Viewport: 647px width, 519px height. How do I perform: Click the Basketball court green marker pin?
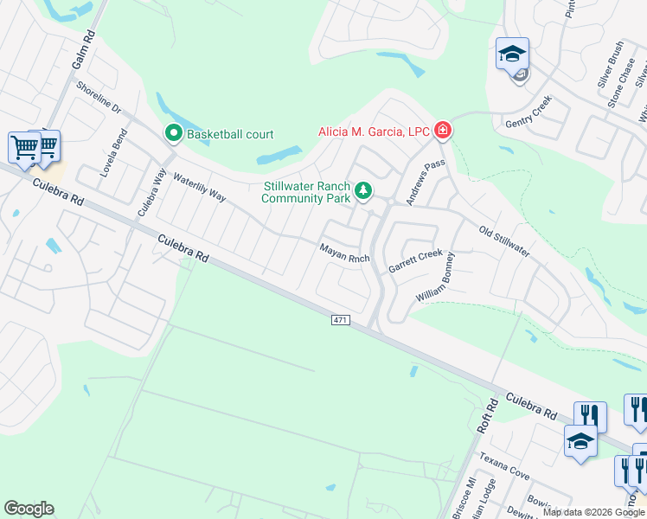pos(173,134)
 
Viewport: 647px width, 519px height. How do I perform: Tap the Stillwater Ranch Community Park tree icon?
pos(364,189)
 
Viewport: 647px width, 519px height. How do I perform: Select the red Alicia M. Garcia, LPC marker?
pos(443,131)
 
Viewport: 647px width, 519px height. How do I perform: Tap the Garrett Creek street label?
pos(415,261)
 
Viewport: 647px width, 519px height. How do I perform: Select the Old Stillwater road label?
pos(504,240)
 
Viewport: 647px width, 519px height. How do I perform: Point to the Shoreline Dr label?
pos(99,99)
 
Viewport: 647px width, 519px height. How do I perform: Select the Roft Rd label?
pos(489,416)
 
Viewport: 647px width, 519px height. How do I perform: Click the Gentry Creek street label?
pos(528,113)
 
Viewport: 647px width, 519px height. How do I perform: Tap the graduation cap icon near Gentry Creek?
pos(512,54)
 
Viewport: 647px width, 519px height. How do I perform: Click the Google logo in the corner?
pos(29,509)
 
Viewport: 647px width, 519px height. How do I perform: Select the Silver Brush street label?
pos(610,65)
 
